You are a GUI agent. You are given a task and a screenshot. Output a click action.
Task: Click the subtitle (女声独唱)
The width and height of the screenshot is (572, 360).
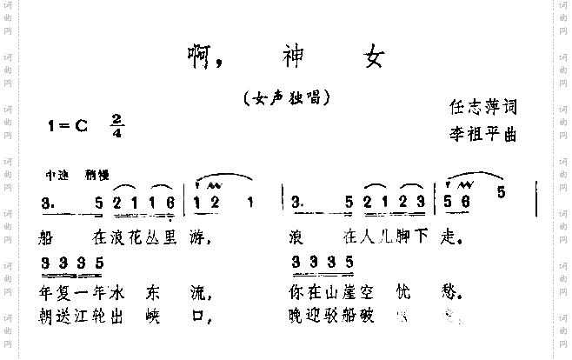(288, 98)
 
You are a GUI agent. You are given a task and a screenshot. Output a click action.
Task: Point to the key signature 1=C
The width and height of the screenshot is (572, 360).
(69, 125)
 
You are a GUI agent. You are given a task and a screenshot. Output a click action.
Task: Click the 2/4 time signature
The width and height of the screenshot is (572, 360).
(116, 126)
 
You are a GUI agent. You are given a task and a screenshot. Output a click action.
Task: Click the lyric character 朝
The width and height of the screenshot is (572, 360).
(48, 316)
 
